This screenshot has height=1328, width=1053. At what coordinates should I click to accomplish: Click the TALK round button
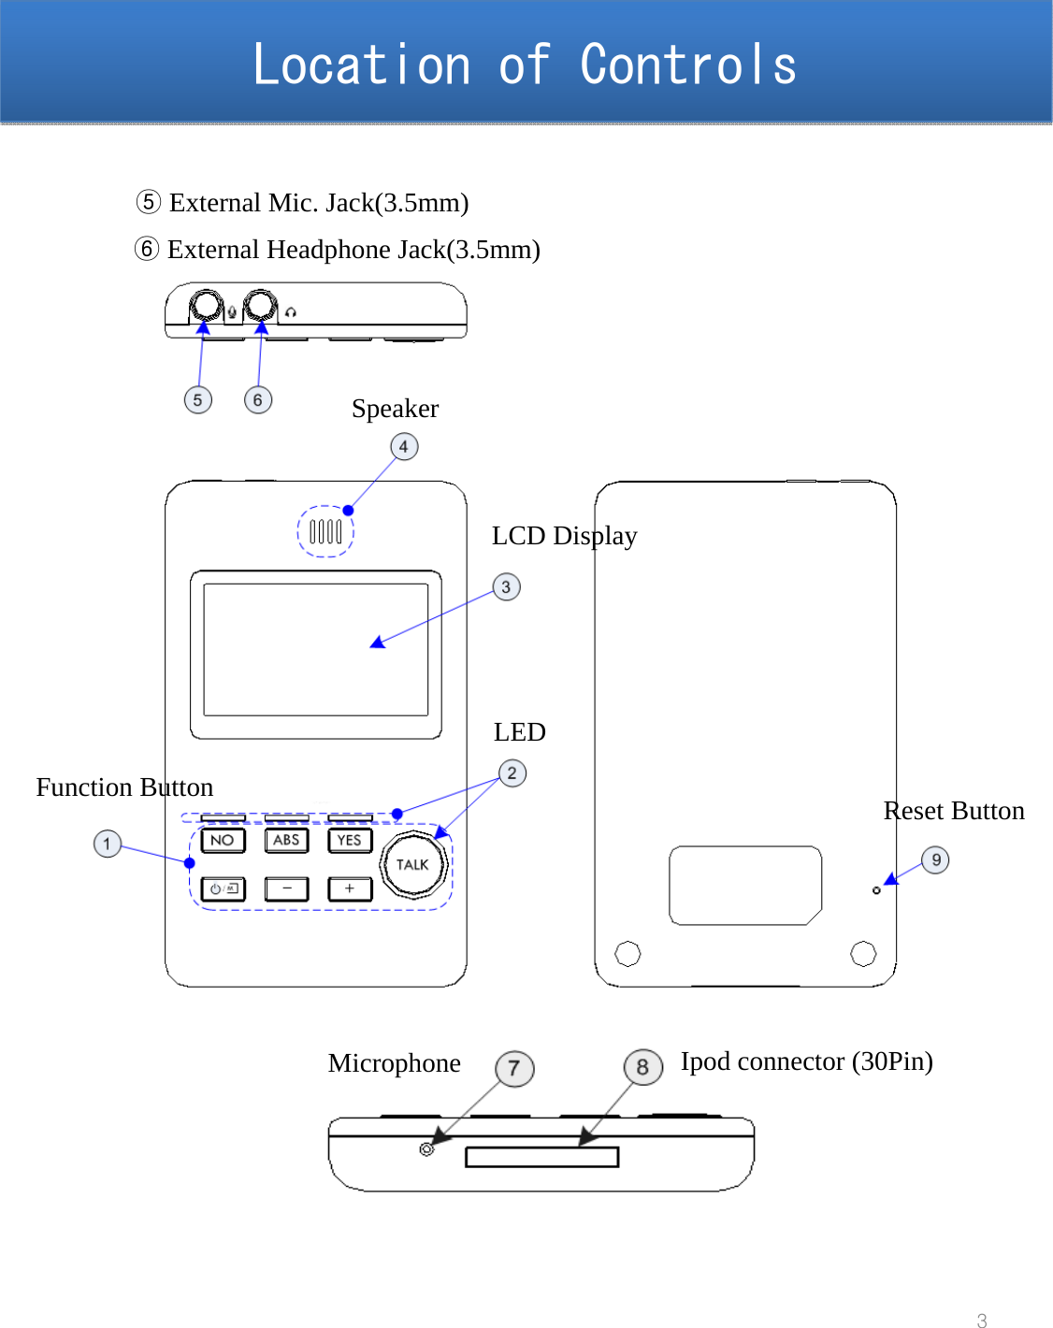pyautogui.click(x=412, y=865)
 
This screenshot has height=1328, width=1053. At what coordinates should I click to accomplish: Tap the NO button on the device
pyautogui.click(x=223, y=841)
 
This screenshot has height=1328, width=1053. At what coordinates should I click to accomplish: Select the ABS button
pyautogui.click(x=286, y=841)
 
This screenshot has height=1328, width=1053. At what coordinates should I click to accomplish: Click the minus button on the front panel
pyautogui.click(x=286, y=888)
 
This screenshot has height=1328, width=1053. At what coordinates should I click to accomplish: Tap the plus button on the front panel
pyautogui.click(x=350, y=888)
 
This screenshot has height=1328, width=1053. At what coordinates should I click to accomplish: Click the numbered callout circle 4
pyautogui.click(x=404, y=447)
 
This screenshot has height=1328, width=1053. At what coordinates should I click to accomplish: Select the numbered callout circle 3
pyautogui.click(x=506, y=587)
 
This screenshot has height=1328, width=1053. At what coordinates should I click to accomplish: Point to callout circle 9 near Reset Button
pyautogui.click(x=935, y=860)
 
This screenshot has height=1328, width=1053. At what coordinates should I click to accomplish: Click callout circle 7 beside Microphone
pyautogui.click(x=514, y=1068)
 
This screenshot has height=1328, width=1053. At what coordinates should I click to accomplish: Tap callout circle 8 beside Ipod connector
pyautogui.click(x=642, y=1067)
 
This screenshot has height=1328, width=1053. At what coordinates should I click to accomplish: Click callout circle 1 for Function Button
pyautogui.click(x=108, y=844)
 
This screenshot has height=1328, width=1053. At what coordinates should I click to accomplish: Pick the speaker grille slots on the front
pyautogui.click(x=325, y=532)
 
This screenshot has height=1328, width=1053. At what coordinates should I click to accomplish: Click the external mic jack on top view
pyautogui.click(x=206, y=306)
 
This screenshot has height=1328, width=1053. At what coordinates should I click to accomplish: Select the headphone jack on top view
pyautogui.click(x=260, y=306)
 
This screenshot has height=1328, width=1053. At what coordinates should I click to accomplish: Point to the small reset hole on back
pyautogui.click(x=876, y=890)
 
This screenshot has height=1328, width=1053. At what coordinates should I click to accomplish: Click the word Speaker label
pyautogui.click(x=395, y=409)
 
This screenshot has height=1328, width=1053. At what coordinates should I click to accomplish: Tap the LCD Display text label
pyautogui.click(x=564, y=536)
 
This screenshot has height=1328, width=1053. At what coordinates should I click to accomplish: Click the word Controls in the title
pyautogui.click(x=688, y=65)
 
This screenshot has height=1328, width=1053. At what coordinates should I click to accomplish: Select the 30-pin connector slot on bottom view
pyautogui.click(x=542, y=1157)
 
